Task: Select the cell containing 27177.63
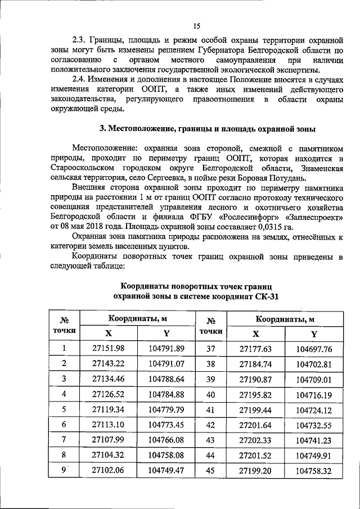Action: point(255,349)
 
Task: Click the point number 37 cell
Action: point(211,349)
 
